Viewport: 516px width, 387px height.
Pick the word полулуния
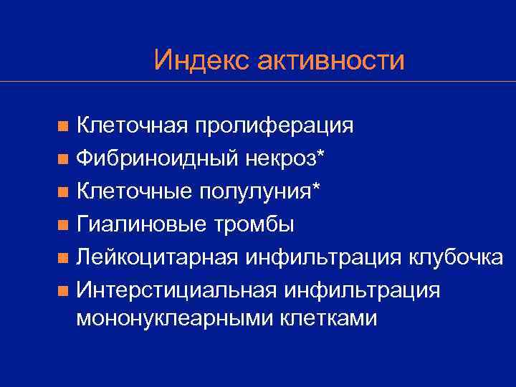pyautogui.click(x=256, y=191)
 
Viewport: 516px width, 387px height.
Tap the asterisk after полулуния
pyautogui.click(x=317, y=186)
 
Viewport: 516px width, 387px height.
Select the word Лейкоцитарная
pyautogui.click(x=161, y=257)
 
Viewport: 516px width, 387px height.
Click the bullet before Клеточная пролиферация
pyautogui.click(x=64, y=127)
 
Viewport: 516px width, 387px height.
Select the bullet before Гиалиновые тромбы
pyautogui.click(x=64, y=225)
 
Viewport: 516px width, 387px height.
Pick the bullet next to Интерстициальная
pyautogui.click(x=64, y=290)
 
